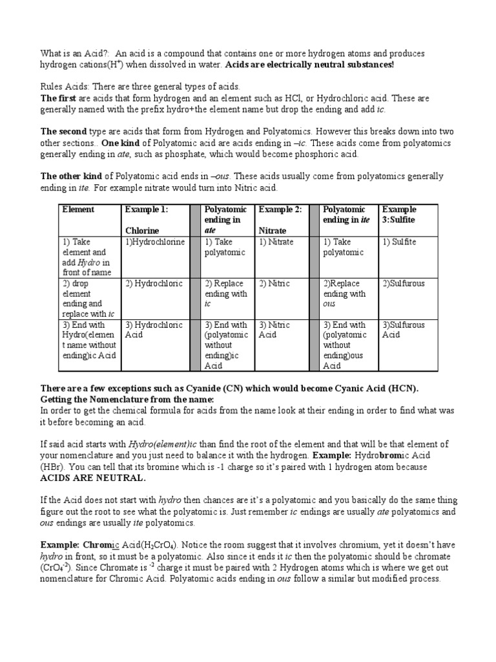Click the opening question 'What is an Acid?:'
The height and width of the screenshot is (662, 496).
[x=73, y=53]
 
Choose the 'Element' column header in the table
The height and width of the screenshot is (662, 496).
[x=78, y=209]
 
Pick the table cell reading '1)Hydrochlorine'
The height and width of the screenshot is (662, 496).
[x=155, y=242]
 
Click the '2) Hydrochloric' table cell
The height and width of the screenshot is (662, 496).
[x=154, y=283]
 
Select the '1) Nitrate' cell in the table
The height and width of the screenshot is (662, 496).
[x=276, y=242]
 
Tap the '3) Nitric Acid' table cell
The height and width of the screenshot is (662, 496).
[x=274, y=330]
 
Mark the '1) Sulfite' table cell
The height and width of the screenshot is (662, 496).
[x=399, y=242]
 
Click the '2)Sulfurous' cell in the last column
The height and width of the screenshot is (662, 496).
[x=404, y=283]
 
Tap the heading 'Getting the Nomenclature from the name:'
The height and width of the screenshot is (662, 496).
[x=127, y=399]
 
